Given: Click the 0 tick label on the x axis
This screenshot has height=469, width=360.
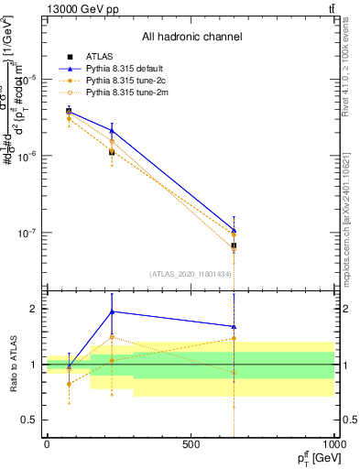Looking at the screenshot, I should [47, 444].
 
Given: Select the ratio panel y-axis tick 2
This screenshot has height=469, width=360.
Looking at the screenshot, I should [33, 309].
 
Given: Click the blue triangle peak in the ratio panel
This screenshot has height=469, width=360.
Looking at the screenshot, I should [112, 311].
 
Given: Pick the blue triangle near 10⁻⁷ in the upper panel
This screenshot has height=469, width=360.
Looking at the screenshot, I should [234, 231].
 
